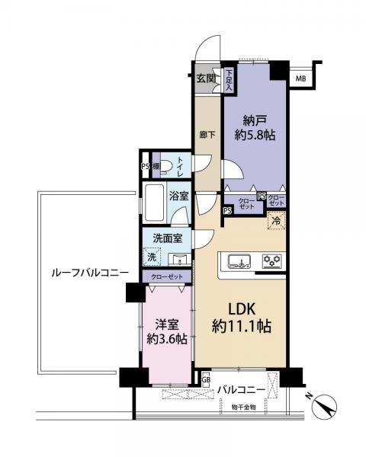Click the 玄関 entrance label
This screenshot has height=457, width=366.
point(205,78)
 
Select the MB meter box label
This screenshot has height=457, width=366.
point(301,78)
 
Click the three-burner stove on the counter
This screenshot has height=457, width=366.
point(271,261)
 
